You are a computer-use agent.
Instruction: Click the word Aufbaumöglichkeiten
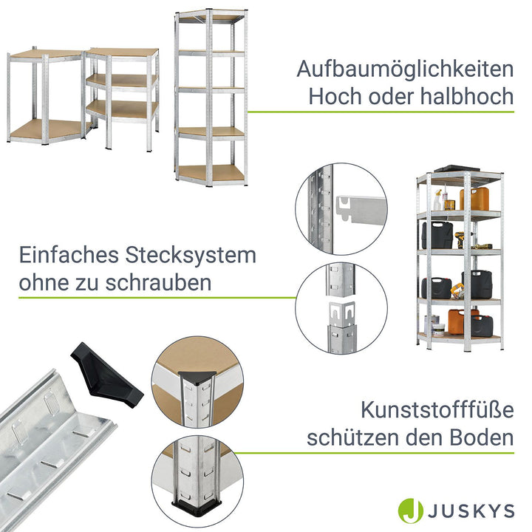click(405, 70)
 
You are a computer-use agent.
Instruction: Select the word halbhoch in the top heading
click(467, 96)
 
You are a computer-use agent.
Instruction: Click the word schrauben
click(158, 282)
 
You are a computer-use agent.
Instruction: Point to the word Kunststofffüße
click(437, 410)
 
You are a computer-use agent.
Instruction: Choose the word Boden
click(482, 437)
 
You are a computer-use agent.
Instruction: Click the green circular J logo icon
click(411, 511)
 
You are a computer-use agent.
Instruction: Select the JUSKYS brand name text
click(471, 511)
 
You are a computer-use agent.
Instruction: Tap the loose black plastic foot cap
click(106, 375)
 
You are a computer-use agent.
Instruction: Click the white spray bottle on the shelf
click(437, 200)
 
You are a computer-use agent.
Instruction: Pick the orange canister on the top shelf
click(474, 199)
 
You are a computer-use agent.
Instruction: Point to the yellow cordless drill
click(460, 239)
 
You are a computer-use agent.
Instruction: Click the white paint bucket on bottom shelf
click(439, 329)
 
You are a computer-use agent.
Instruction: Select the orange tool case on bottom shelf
click(462, 321)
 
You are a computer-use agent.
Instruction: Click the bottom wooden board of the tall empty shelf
click(212, 173)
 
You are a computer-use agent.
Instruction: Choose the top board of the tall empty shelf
click(212, 17)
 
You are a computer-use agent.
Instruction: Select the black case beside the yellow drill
click(437, 235)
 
